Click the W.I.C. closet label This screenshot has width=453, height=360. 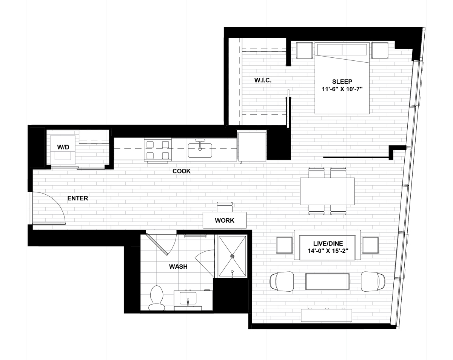point(263,80)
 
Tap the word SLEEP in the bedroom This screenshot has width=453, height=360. point(342,82)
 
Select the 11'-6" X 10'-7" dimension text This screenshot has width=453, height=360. point(342,89)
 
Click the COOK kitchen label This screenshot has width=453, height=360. point(182,171)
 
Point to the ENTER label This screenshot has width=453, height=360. point(78,198)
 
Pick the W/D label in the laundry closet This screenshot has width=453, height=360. point(63,147)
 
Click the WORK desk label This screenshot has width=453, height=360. point(224,220)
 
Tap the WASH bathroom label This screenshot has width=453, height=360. point(178,266)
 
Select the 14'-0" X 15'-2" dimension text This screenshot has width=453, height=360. point(328,251)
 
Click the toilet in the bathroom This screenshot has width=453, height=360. point(157,298)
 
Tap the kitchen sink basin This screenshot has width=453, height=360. point(200,150)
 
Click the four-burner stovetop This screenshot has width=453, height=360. point(158,150)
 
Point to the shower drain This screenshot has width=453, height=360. point(233,256)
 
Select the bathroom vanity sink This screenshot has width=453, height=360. point(188,298)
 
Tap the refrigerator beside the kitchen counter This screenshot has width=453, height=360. point(252,146)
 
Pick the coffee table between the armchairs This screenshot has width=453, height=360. point(327,282)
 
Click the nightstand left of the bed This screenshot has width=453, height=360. point(304,51)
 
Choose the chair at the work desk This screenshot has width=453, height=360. point(225,207)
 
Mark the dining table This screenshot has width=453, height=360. point(327,191)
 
